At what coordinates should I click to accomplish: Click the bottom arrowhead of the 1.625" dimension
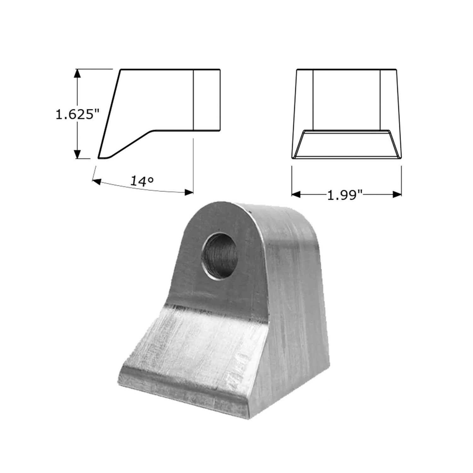(x=78, y=155)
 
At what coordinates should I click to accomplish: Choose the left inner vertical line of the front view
(x=313, y=99)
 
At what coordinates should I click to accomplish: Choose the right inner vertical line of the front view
(x=380, y=99)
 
